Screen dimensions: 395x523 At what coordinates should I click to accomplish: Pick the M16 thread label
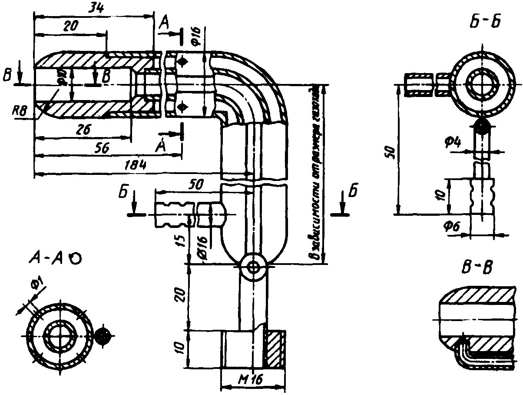click(252, 379)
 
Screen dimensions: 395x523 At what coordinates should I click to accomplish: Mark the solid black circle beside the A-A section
click(104, 335)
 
